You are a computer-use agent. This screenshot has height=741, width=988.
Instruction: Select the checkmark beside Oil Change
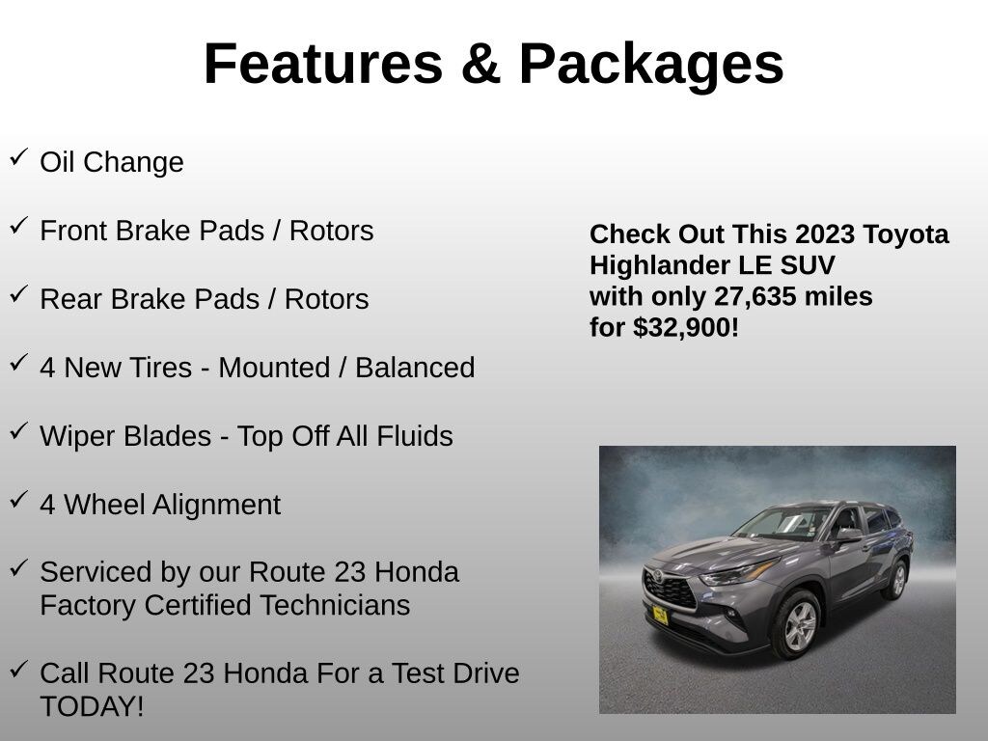[18, 156]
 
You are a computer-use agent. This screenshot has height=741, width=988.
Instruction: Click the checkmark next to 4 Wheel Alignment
[18, 499]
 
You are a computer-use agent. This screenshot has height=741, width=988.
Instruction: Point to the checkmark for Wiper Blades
[18, 430]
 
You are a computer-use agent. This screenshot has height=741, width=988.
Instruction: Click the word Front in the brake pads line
[73, 232]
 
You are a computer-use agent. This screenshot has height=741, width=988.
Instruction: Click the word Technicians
[344, 606]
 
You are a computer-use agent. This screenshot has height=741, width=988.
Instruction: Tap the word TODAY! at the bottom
[92, 706]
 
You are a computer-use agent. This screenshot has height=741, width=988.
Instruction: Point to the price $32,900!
[685, 327]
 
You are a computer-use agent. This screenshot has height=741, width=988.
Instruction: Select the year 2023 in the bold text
[825, 234]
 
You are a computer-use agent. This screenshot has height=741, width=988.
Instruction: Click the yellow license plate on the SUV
[660, 615]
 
